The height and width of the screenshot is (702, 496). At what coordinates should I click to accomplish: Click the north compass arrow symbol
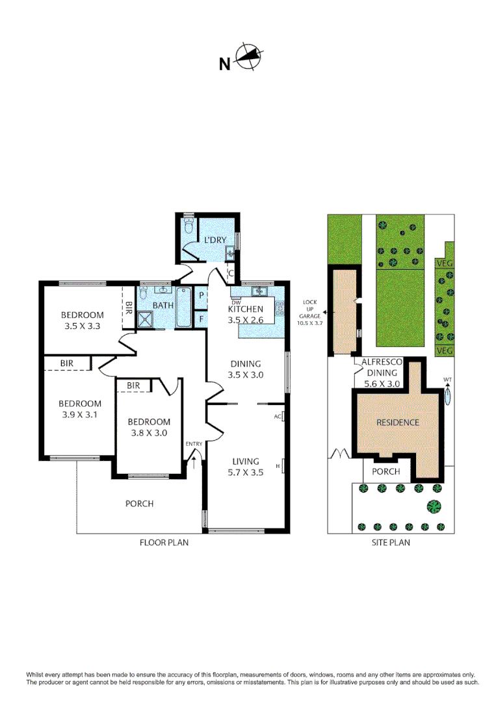pos(247,57)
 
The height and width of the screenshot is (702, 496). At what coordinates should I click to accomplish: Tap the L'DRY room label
pos(215,240)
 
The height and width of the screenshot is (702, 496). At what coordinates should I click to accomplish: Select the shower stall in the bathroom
pos(146,318)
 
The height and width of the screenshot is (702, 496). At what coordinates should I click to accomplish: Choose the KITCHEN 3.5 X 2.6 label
pos(245,315)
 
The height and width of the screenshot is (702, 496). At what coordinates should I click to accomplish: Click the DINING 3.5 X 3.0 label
pos(245,369)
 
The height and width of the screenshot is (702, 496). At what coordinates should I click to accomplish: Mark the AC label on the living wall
pos(278,416)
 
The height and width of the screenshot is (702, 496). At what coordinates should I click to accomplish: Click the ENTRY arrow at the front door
pos(194,463)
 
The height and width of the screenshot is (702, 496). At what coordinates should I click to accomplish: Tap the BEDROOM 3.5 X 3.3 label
pos(83,320)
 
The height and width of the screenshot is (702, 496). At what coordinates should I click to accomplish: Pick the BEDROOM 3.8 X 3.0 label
pos(149,427)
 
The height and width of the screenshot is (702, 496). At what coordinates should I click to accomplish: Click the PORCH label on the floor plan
pos(139,503)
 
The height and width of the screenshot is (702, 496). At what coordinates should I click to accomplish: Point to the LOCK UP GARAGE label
pos(309,312)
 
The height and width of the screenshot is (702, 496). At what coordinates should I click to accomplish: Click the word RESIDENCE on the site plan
pos(398,422)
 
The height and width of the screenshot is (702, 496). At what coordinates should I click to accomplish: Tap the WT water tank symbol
pos(447,395)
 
